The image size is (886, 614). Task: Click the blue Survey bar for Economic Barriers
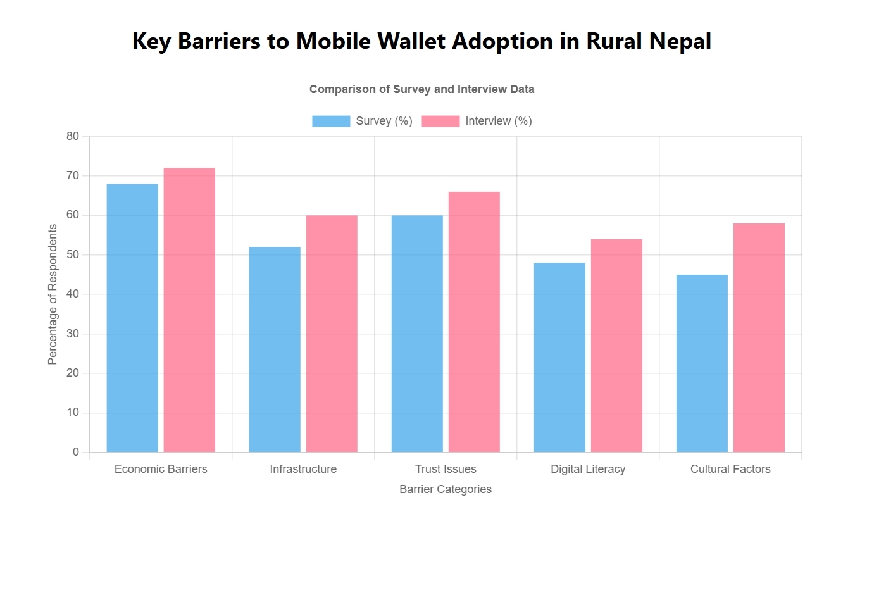132,318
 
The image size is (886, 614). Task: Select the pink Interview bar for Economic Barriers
189,310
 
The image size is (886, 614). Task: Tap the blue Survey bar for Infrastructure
275,349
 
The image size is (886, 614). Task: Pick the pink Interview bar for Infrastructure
332,334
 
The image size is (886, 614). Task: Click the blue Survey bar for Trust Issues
417,334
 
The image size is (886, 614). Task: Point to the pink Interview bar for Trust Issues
474,322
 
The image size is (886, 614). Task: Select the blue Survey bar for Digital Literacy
559,357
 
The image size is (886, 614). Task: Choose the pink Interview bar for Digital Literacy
616,346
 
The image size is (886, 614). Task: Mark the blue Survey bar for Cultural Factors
702,363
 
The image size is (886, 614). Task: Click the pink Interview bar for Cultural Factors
759,337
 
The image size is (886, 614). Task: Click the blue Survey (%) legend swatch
331,121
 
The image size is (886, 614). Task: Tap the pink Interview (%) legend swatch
440,121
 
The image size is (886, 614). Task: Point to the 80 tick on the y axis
73,136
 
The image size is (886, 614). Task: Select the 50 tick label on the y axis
73,254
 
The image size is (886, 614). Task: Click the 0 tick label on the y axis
76,452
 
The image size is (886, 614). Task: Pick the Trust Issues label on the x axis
446,469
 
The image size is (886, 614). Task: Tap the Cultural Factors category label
730,469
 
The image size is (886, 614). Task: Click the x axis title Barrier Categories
446,489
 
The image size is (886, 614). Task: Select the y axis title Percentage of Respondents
53,294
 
